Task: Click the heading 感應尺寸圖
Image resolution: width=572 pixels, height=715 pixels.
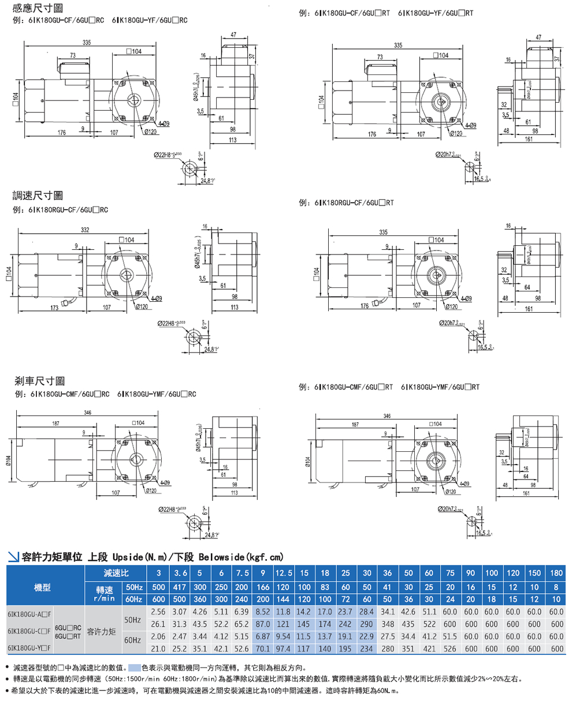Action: click(38, 8)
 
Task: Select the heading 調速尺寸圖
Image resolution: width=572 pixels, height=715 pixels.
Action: click(38, 196)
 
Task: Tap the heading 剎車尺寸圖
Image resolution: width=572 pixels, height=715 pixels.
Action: click(39, 381)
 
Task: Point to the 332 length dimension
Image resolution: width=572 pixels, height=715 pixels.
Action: click(85, 230)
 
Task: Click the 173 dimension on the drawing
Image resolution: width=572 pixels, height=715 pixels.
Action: click(54, 308)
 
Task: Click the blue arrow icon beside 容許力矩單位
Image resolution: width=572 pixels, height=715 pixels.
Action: click(13, 557)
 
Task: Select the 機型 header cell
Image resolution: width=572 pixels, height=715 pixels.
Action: click(42, 587)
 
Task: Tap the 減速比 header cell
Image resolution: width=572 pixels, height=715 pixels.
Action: click(116, 573)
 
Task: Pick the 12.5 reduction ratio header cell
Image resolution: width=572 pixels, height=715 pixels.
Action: click(283, 573)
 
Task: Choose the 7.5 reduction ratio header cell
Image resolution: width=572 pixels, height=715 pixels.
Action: click(242, 573)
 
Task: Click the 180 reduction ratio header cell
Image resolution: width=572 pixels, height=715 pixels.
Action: click(556, 573)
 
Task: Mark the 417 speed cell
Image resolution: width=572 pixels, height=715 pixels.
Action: click(180, 587)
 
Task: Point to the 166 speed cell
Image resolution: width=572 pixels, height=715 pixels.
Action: click(263, 587)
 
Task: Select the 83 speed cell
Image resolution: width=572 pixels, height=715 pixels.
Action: click(325, 587)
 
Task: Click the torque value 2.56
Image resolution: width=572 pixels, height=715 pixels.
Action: click(158, 612)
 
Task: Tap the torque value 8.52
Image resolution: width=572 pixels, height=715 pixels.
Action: click(263, 612)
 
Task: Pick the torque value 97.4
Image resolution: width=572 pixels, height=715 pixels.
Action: click(283, 649)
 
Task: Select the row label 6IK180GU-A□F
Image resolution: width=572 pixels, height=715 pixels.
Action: click(29, 614)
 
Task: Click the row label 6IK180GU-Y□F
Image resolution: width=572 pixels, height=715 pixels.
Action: click(29, 648)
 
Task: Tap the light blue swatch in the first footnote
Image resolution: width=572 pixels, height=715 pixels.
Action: click(134, 668)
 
